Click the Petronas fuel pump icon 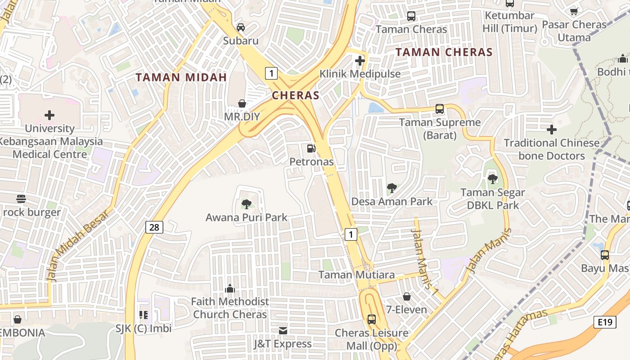click(310, 148)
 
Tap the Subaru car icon click(241, 27)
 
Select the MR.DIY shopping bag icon click(242, 103)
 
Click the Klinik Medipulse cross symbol click(360, 60)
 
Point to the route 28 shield click(154, 227)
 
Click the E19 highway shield click(604, 322)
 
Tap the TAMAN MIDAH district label click(181, 77)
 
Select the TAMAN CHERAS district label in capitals click(444, 52)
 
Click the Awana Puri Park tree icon click(246, 204)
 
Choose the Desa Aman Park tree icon click(391, 188)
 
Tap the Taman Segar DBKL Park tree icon click(492, 179)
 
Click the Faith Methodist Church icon click(230, 288)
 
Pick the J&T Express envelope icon click(283, 331)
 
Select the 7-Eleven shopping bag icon click(406, 297)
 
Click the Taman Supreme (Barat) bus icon click(440, 109)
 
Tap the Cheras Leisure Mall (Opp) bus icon click(371, 319)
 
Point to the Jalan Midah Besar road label click(78, 246)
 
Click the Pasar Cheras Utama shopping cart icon click(574, 11)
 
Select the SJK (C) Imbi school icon click(144, 315)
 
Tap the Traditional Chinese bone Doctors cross click(551, 130)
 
